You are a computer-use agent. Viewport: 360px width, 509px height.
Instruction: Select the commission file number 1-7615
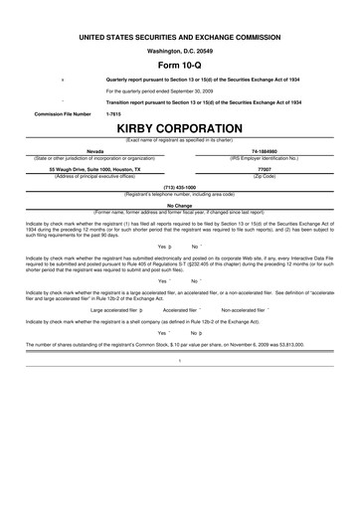click(x=113, y=113)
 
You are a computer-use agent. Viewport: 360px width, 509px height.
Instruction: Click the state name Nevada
click(x=95, y=151)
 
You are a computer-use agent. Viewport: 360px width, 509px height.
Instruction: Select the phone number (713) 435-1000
click(x=180, y=186)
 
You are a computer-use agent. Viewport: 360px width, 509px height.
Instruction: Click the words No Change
click(x=180, y=205)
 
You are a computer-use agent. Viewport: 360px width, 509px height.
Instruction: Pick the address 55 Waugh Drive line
click(x=95, y=169)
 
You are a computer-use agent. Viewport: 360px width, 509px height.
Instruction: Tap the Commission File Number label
click(x=63, y=113)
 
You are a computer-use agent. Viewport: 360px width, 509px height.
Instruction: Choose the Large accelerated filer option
click(x=119, y=309)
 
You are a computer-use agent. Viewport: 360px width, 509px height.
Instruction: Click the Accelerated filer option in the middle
click(x=183, y=309)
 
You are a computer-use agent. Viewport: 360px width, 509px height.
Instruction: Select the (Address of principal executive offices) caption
click(x=95, y=175)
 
